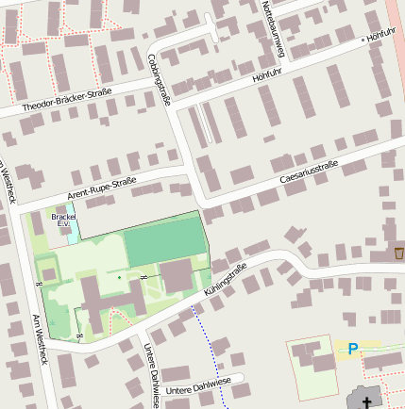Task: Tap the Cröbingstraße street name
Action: pyautogui.click(x=159, y=76)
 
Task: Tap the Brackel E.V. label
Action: pyautogui.click(x=63, y=220)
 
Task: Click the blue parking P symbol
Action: pyautogui.click(x=353, y=350)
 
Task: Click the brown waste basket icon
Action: pyautogui.click(x=399, y=254)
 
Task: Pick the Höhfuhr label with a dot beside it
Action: pyautogui.click(x=380, y=34)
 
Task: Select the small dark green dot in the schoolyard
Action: pyautogui.click(x=119, y=277)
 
